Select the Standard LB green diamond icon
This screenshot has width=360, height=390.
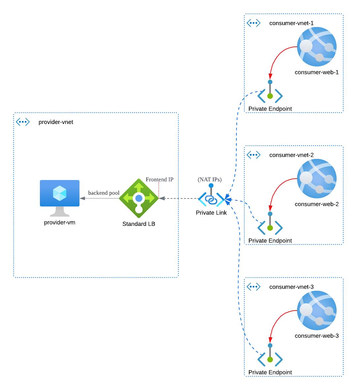click(x=139, y=198)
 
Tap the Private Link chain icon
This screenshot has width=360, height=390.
click(x=211, y=199)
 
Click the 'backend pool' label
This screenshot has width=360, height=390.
click(x=104, y=193)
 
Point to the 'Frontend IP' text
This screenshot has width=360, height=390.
click(x=160, y=180)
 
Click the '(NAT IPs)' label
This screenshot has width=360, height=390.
click(x=210, y=180)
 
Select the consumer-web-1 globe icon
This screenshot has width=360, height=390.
click(x=316, y=47)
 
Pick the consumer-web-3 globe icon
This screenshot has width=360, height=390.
click(x=316, y=310)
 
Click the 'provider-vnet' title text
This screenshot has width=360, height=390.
click(x=56, y=122)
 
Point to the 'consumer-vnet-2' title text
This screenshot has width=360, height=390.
click(x=291, y=155)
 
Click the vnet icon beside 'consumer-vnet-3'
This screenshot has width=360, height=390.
click(x=254, y=286)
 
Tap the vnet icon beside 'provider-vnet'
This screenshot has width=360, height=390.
click(x=23, y=122)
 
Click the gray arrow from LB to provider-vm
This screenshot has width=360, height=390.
click(x=99, y=198)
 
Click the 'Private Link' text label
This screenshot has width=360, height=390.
click(x=211, y=213)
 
